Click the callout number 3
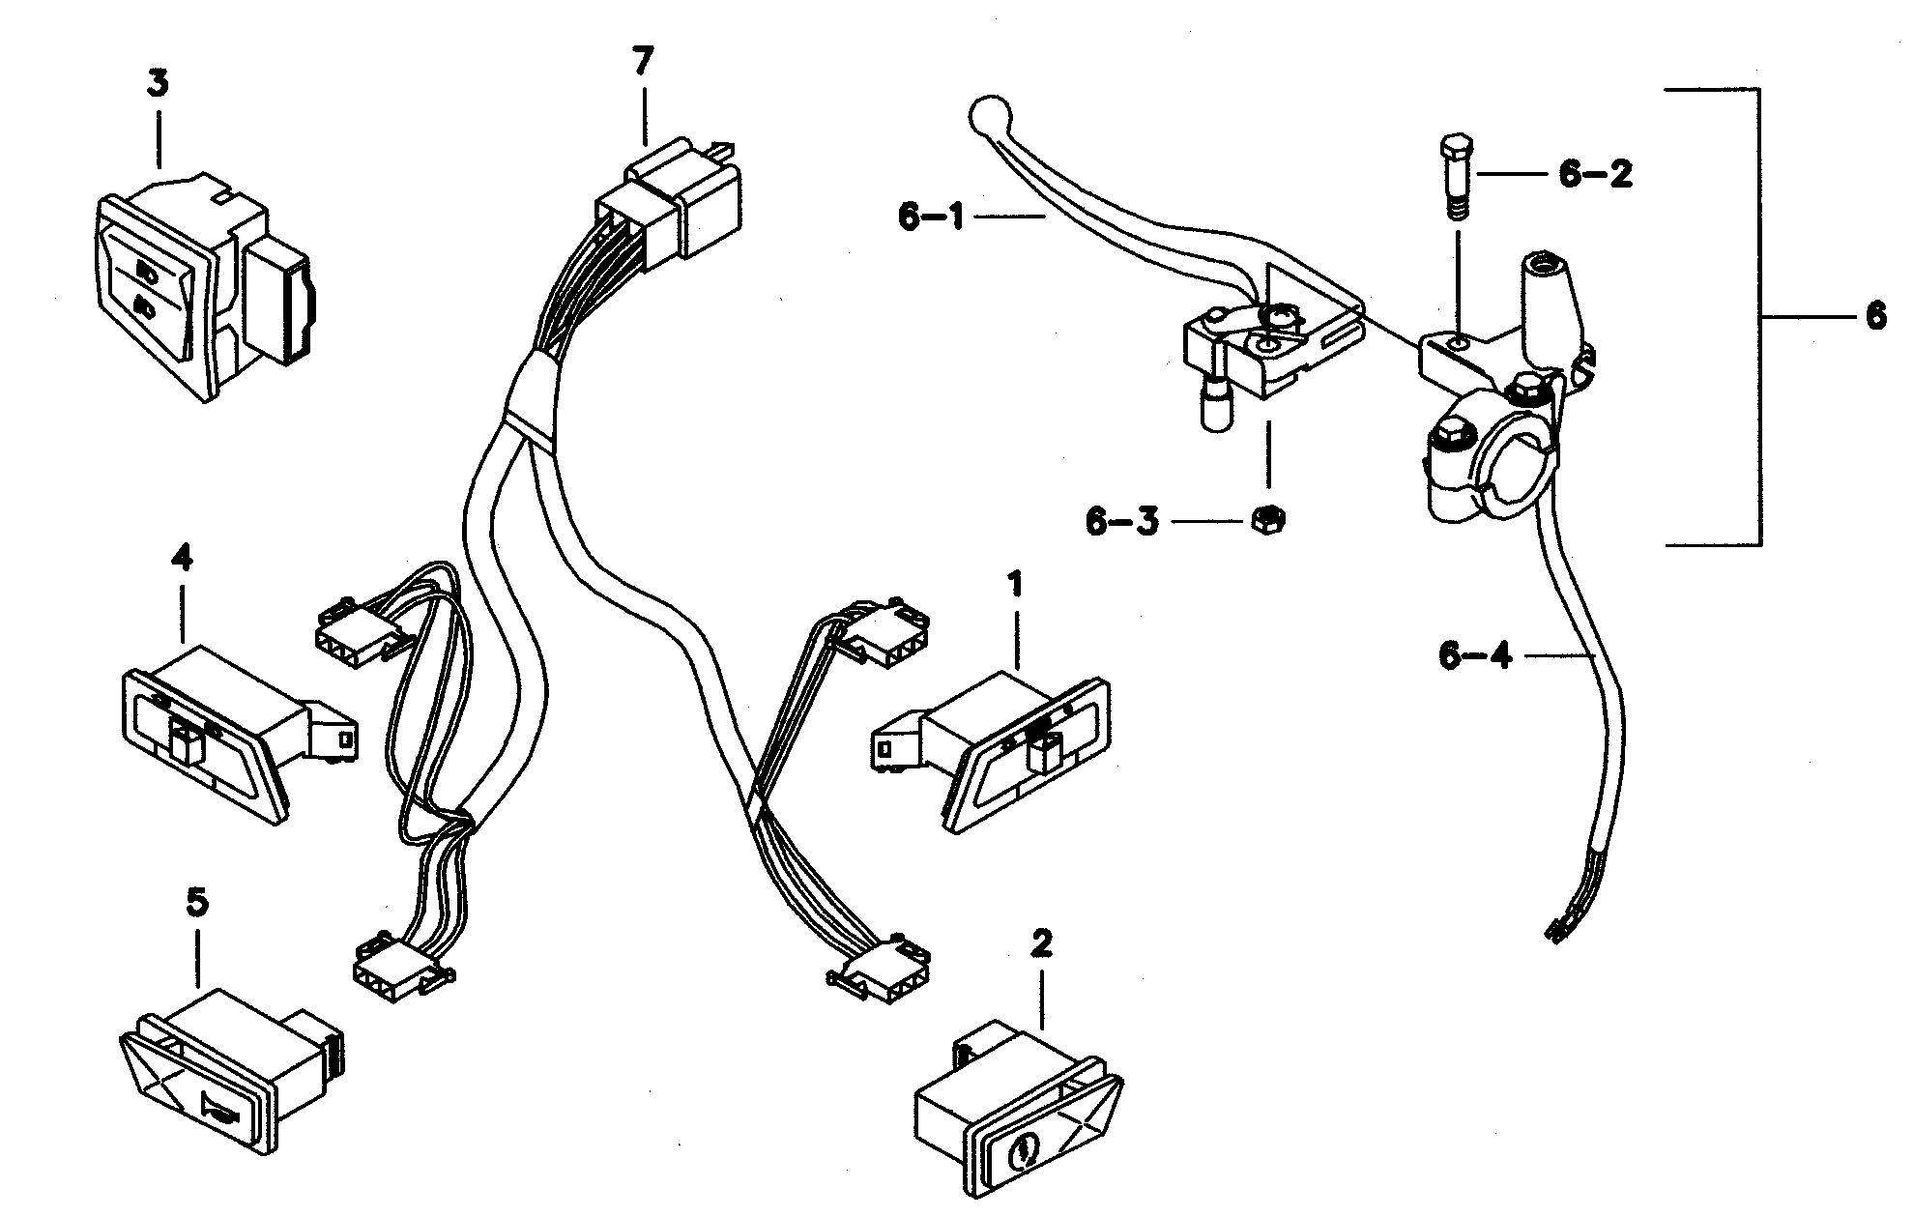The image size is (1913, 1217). click(x=157, y=83)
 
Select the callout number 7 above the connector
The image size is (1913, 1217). click(x=642, y=62)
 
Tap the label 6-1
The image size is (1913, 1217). click(x=931, y=217)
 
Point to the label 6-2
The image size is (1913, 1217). click(x=1595, y=175)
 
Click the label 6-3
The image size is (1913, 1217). click(x=1121, y=522)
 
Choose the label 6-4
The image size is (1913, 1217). click(x=1475, y=656)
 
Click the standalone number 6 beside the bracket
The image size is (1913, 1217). click(x=1874, y=315)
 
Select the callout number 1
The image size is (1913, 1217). click(x=1014, y=585)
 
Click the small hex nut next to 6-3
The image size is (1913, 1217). click(x=1265, y=520)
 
